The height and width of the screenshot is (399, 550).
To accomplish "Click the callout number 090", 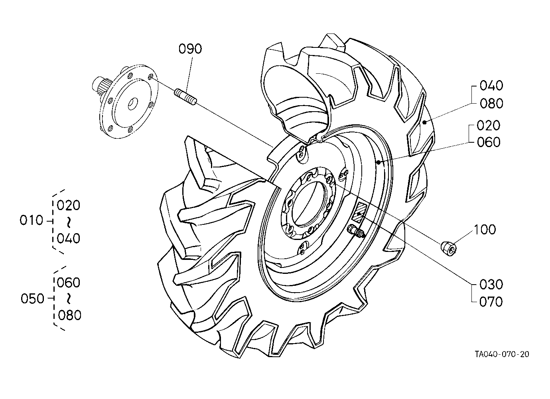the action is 190,49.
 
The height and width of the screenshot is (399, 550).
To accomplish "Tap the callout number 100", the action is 485,230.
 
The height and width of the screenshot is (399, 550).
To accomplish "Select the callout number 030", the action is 491,285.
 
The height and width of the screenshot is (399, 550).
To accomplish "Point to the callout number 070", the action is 491,302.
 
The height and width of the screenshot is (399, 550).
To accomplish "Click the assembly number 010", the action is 32,220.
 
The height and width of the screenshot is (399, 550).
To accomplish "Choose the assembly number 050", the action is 32,299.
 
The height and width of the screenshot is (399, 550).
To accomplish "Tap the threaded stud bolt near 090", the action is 185,97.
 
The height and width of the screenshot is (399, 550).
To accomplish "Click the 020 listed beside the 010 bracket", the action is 69,205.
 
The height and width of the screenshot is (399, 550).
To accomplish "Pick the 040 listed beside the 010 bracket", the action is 69,238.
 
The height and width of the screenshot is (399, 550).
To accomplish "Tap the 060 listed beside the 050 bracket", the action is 69,283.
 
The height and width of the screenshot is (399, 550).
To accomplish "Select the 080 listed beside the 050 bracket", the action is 69,315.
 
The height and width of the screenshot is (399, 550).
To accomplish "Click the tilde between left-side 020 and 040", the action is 69,222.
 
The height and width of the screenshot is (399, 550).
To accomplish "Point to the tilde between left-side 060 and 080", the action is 69,299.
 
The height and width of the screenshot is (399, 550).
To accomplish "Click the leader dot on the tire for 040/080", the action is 424,122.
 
